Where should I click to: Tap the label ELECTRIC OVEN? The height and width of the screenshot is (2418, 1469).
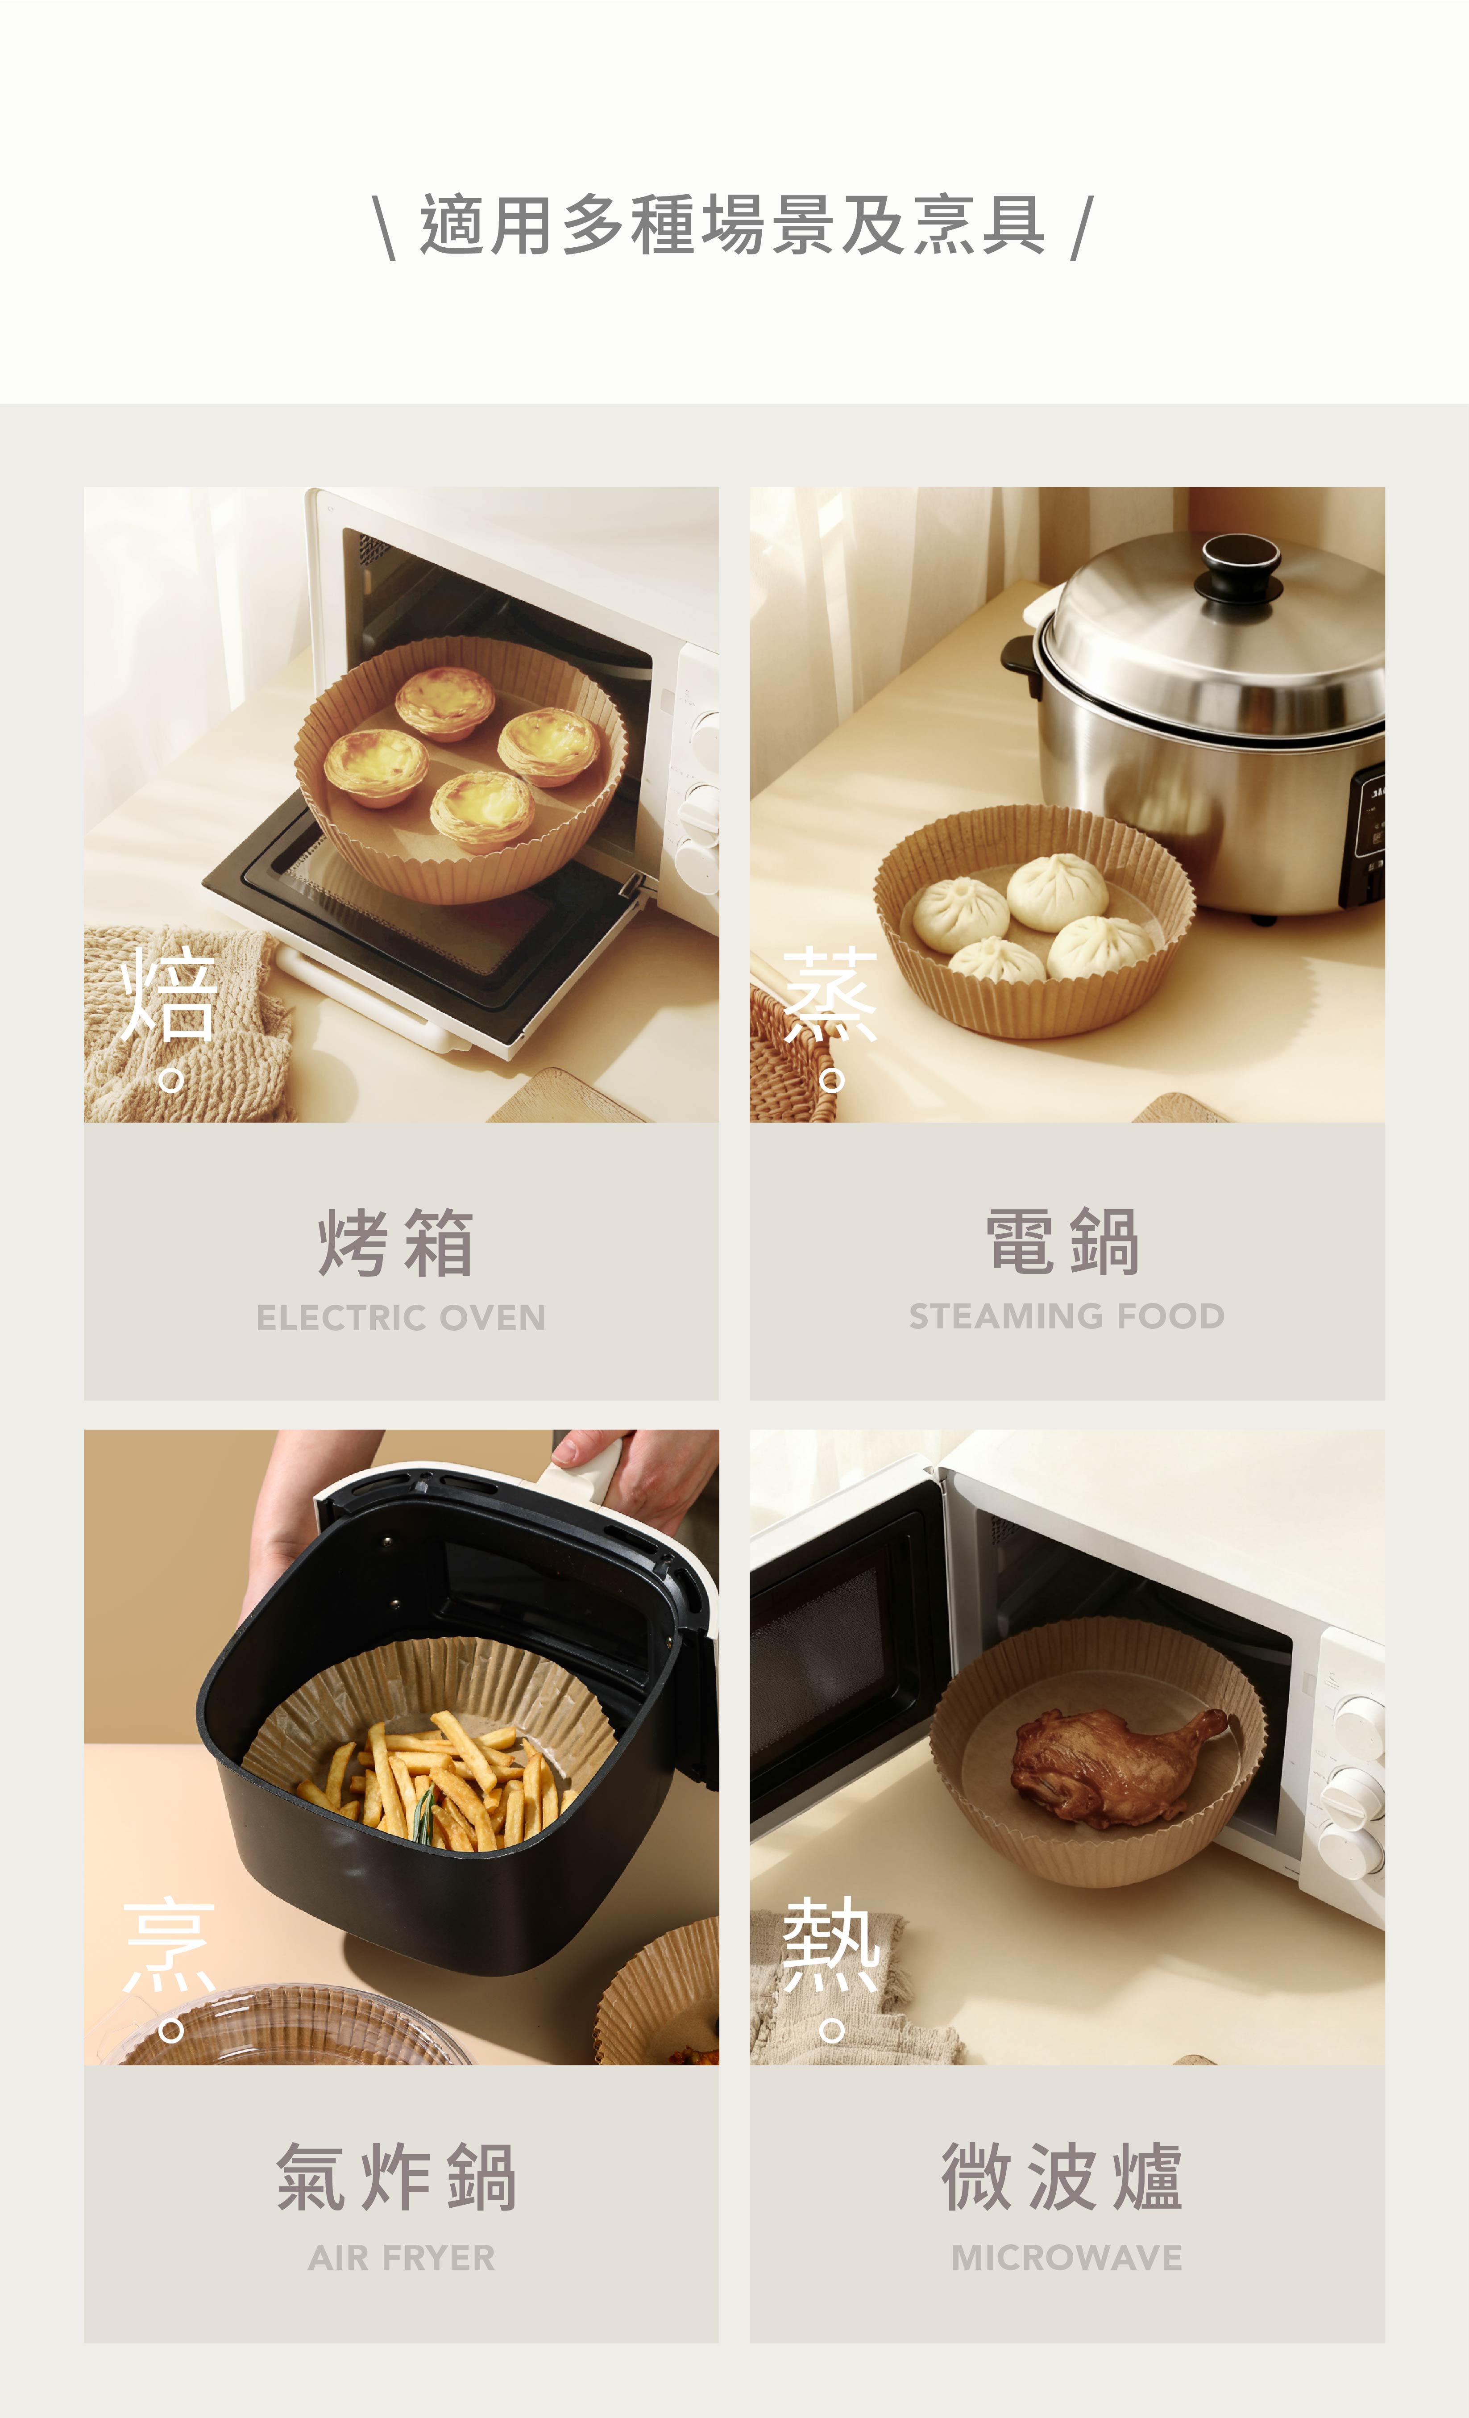(401, 1318)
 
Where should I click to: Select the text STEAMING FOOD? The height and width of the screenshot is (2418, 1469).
(1066, 1316)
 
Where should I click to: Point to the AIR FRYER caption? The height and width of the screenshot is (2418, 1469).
(401, 2258)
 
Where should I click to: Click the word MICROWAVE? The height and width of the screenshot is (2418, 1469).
(1066, 2258)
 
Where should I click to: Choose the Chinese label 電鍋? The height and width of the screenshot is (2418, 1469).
(1063, 1241)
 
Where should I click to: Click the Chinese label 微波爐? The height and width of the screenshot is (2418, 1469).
(1063, 2177)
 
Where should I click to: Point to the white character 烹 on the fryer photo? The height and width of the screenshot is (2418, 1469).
(169, 1944)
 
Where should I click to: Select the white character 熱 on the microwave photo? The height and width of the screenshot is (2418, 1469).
(830, 1944)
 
